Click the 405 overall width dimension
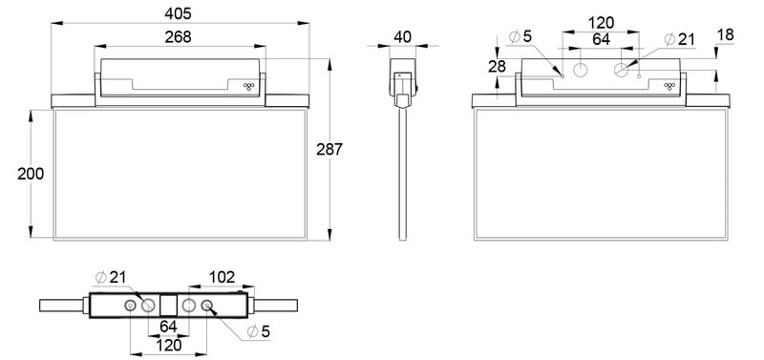point(178,13)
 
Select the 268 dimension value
point(178,37)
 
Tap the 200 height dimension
point(31,174)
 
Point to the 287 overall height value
point(329,150)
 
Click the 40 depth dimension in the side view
point(402,37)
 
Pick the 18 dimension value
point(725,35)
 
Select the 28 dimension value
point(497,67)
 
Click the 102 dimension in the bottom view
point(222,277)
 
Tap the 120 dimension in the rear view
point(601,23)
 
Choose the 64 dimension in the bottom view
point(168,327)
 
